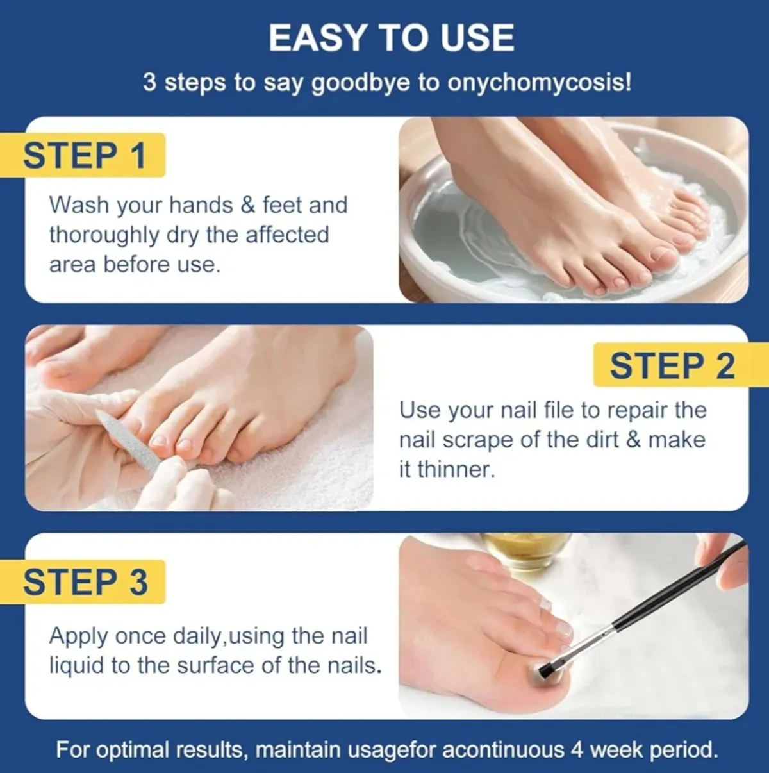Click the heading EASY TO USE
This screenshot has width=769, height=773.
coord(391,38)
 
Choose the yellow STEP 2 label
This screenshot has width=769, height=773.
coord(672,366)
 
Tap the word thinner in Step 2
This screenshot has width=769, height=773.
coord(456,469)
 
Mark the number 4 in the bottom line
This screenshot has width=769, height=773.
coord(577,749)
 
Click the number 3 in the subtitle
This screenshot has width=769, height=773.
coord(149,83)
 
